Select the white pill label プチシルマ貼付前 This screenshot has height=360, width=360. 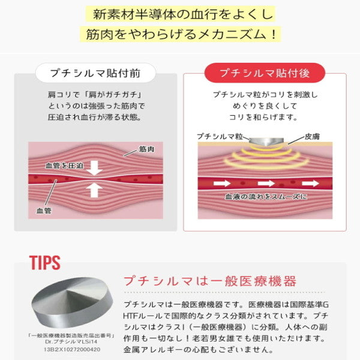(x=97, y=74)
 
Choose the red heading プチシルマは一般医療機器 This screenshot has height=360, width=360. (x=209, y=281)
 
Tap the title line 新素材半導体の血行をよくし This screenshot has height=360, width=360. (x=180, y=13)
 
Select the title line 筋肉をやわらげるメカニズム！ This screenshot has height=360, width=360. (x=180, y=34)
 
